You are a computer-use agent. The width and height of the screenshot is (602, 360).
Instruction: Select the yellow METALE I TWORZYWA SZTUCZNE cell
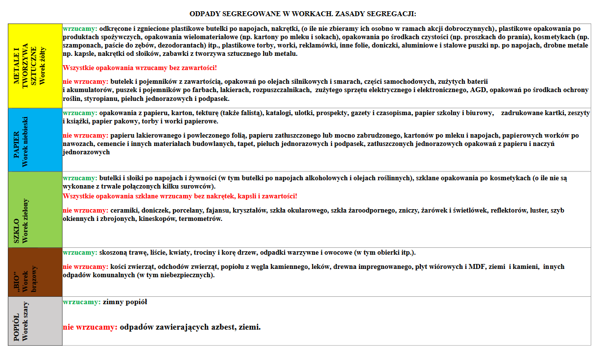35,65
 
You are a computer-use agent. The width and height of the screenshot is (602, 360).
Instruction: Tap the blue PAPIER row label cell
35,140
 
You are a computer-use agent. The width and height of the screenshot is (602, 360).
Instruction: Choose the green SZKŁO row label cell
35,209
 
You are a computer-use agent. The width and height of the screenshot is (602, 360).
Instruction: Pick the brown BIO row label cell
35,272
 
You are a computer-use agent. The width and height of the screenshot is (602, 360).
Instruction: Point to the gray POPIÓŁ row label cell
35,321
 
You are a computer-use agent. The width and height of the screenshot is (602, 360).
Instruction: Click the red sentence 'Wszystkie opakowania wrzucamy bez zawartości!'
140,67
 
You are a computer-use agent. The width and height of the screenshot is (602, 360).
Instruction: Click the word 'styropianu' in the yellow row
100,98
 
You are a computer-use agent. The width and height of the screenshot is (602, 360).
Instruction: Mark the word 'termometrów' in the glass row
201,218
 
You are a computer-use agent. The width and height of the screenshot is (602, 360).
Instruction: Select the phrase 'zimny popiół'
125,302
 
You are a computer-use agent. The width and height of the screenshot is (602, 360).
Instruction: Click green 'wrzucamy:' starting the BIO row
80,253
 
